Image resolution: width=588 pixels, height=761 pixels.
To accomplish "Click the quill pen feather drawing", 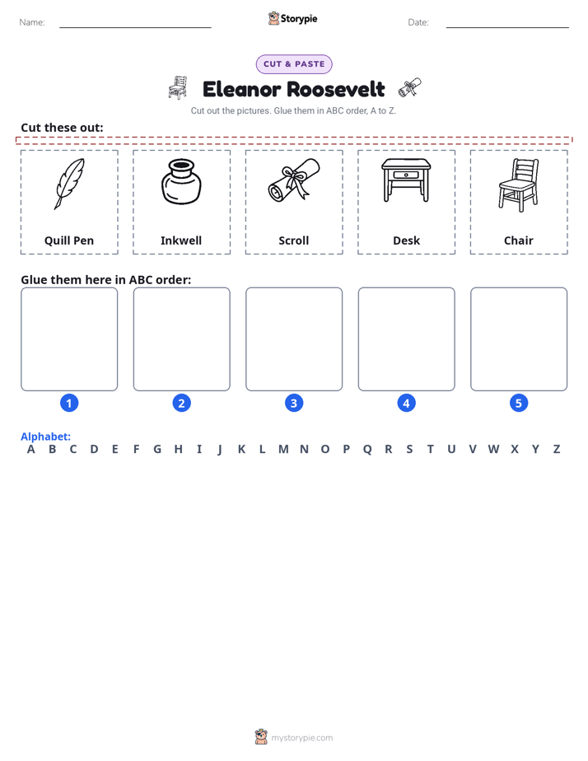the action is (x=69, y=184).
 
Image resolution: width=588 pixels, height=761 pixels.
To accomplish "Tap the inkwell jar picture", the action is (x=181, y=182).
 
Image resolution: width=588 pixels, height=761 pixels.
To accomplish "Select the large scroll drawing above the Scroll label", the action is (x=294, y=179).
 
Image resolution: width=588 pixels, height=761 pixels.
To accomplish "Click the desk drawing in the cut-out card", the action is (x=406, y=180).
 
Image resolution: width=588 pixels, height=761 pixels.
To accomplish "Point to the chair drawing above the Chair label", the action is (x=519, y=185).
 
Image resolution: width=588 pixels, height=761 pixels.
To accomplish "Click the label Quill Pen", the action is (x=69, y=240).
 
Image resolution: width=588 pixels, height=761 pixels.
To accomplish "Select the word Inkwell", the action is (x=181, y=240).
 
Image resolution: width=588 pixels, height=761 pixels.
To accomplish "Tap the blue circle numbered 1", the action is (x=69, y=403).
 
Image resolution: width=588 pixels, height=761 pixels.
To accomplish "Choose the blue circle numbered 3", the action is (x=294, y=403).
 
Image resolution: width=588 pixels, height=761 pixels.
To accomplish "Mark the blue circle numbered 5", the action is (x=519, y=403).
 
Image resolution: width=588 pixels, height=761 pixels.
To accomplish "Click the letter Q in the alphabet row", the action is (x=367, y=450).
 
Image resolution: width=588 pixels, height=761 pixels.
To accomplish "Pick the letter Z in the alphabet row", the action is (x=557, y=450).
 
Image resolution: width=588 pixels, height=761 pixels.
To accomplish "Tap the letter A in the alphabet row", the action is (x=31, y=450).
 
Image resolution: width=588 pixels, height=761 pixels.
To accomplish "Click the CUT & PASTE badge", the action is (x=294, y=64).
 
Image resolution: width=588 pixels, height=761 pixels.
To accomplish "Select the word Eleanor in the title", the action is (x=241, y=89).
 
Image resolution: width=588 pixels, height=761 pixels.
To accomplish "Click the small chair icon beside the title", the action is (x=178, y=87).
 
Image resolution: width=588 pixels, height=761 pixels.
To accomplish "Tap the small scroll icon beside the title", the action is (x=410, y=87).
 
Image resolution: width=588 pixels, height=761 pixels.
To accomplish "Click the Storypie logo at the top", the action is (x=293, y=18).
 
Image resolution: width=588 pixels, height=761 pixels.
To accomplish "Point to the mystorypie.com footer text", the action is (x=301, y=738).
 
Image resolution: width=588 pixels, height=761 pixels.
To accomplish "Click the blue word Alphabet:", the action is (x=45, y=437).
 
